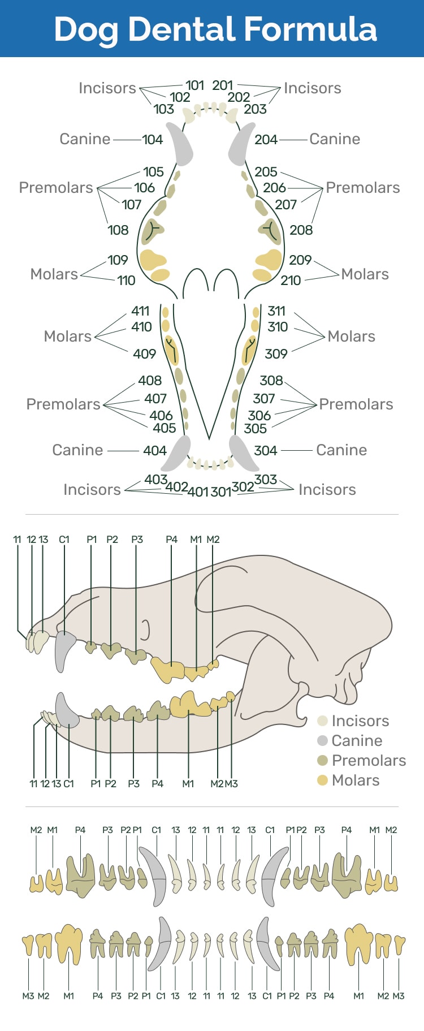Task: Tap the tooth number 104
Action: (x=152, y=140)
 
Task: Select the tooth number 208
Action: (x=301, y=230)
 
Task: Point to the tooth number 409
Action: (x=144, y=354)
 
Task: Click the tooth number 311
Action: (x=276, y=311)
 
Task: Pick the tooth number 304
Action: (x=265, y=451)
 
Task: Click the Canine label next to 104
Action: (x=85, y=139)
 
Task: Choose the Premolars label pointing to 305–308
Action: (x=356, y=404)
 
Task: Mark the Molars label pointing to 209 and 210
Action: (x=365, y=274)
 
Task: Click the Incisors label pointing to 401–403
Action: (x=92, y=490)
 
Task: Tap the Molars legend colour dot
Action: (x=323, y=780)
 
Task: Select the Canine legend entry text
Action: (x=357, y=741)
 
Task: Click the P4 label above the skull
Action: (x=171, y=540)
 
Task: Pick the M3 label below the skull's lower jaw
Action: (x=231, y=784)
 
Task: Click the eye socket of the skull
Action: (x=146, y=629)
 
